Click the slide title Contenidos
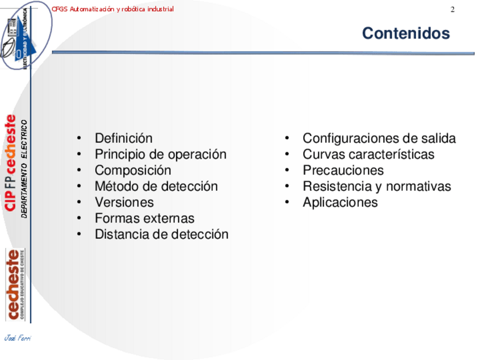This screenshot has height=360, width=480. tap(406, 33)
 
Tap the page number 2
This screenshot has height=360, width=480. tap(452, 10)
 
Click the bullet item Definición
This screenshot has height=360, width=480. tap(123, 138)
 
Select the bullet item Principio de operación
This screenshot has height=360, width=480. tap(161, 155)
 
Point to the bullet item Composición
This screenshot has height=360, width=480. tap(133, 170)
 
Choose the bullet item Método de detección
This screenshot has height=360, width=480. tap(156, 186)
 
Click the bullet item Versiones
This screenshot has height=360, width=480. tap(125, 202)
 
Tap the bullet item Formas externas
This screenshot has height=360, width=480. tap(144, 218)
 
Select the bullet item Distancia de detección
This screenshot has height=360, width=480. tap(162, 234)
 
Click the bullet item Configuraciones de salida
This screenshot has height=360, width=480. tap(379, 138)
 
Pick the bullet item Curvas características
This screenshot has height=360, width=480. tap(368, 155)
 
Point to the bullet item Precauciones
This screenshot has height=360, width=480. tap(343, 170)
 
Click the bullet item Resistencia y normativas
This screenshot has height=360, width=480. tap(377, 186)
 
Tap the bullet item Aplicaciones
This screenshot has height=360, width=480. tap(340, 202)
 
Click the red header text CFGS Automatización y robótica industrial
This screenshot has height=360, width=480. tap(113, 9)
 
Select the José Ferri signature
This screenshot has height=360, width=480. tap(18, 338)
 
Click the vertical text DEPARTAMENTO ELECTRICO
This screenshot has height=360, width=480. tap(24, 169)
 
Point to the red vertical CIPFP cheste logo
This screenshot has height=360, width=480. tap(10, 162)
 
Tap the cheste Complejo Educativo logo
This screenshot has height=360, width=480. tap(15, 285)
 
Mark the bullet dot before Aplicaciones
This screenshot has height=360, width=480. tap(287, 202)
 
